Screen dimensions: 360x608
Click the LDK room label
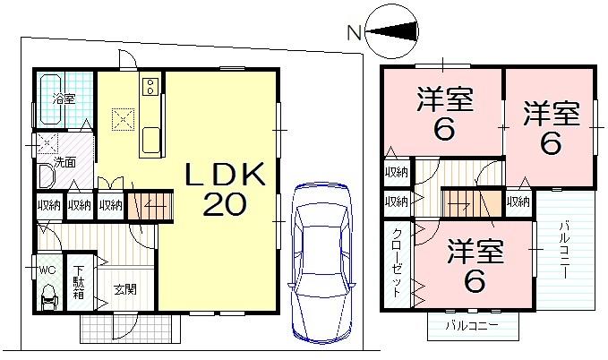click(225, 176)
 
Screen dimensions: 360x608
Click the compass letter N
click(355, 34)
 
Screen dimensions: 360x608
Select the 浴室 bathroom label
click(63, 99)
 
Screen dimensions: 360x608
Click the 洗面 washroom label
click(64, 162)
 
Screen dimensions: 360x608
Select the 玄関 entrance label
click(124, 289)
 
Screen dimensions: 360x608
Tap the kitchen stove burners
click(150, 87)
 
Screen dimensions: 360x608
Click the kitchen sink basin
click(150, 140)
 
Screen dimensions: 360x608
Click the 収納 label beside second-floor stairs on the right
click(518, 202)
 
